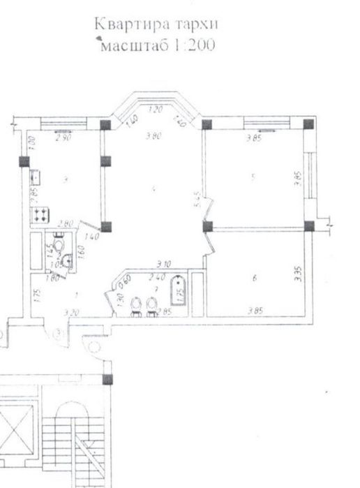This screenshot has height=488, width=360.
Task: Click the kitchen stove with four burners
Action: [39, 214]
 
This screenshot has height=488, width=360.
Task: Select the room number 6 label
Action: [255, 279]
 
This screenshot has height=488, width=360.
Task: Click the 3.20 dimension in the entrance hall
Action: [69, 313]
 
